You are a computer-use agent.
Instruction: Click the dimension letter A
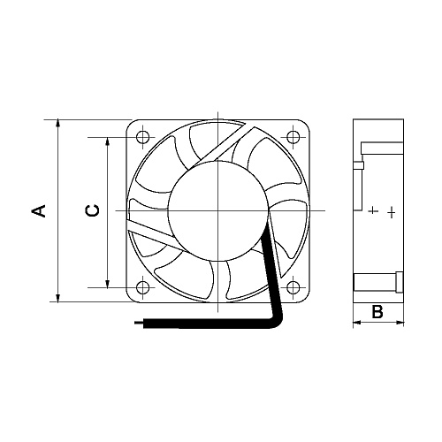(x=38, y=210)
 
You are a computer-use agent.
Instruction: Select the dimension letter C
(x=92, y=210)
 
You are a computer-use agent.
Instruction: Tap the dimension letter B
(x=377, y=312)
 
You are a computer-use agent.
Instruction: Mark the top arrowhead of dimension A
(x=57, y=124)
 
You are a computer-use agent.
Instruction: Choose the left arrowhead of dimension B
(x=357, y=324)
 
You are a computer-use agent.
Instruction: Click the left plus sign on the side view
(x=373, y=211)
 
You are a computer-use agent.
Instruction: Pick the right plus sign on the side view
(x=392, y=212)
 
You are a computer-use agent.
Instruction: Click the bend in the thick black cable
(x=280, y=318)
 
